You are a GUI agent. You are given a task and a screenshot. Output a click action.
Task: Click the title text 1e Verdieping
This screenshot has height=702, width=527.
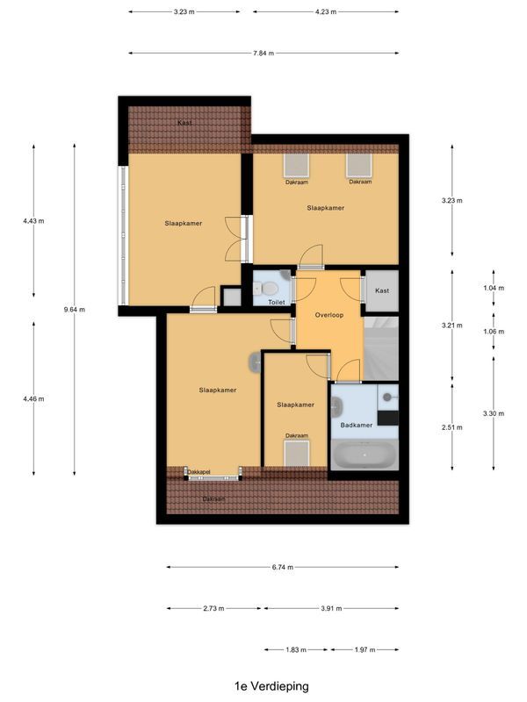[271, 685]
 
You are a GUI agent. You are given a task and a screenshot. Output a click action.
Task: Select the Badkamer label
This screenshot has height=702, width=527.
[357, 426]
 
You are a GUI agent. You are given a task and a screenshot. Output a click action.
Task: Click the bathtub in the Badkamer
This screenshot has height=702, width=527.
[365, 455]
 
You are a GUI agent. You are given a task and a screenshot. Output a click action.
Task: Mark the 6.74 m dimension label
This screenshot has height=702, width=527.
[282, 568]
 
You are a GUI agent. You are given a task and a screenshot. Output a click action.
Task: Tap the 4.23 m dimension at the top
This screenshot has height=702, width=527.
[327, 11]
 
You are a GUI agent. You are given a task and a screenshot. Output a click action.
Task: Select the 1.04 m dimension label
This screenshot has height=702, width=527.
[495, 288]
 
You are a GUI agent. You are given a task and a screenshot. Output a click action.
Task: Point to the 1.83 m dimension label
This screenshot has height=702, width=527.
[296, 649]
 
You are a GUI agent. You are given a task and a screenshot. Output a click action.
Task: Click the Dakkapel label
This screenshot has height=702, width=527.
[199, 472]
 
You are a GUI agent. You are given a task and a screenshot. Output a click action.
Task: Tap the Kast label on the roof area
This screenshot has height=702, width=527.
[184, 123]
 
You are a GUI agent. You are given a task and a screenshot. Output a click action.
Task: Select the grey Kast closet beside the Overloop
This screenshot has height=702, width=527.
[382, 290]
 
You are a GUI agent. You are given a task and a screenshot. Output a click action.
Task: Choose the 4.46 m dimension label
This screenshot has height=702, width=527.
[33, 398]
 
